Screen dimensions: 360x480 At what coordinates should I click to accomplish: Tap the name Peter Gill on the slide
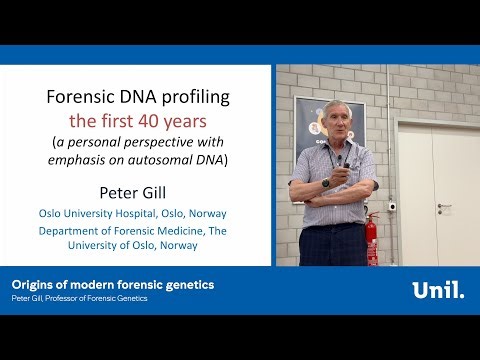coord(140,190)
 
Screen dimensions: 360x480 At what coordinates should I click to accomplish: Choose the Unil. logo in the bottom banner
coord(437,291)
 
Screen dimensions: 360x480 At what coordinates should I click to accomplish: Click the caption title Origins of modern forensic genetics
coord(112,285)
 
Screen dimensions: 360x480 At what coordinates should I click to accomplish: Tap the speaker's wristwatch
coord(326,184)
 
